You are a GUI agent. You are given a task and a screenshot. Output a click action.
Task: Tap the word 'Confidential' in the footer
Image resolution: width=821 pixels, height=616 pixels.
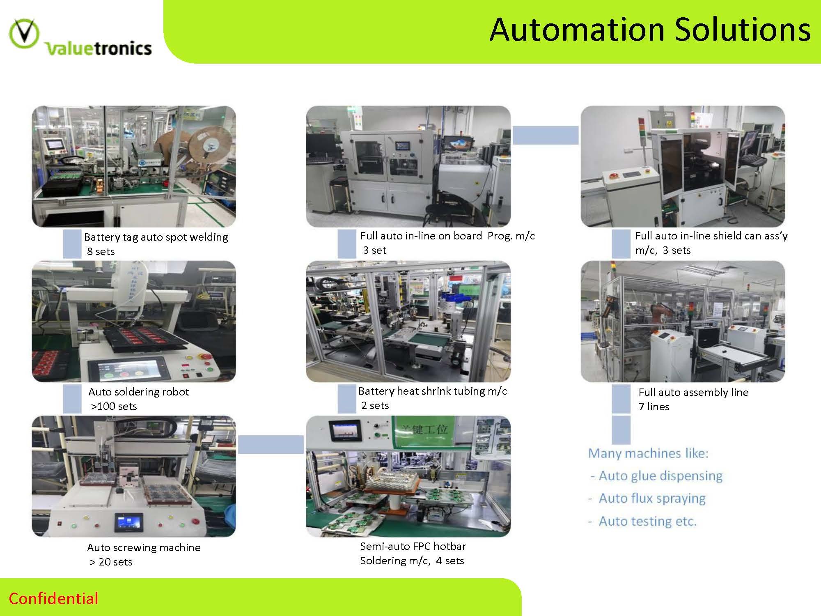[53, 598]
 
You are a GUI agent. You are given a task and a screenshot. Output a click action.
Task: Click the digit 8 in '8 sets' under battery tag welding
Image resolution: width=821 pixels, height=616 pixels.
[90, 251]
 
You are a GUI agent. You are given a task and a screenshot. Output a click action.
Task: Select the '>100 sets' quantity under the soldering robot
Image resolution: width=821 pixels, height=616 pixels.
[114, 406]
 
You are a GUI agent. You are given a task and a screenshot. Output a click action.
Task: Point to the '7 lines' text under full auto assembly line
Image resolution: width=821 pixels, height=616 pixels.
[654, 407]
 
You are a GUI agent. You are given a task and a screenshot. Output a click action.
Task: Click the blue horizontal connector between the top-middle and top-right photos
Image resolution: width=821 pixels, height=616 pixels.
[546, 135]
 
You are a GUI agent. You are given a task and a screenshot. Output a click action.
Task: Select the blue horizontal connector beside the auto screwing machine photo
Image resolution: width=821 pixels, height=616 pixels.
[271, 445]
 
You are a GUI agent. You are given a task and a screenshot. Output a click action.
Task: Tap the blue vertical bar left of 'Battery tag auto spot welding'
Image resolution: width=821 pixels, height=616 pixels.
[72, 244]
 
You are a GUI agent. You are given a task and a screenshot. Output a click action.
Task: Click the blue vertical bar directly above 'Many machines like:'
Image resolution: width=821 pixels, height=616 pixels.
[621, 430]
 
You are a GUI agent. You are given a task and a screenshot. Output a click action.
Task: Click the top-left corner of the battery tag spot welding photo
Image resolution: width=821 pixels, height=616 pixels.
[32, 106]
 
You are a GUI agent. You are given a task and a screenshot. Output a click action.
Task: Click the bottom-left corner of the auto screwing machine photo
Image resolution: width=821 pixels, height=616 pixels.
[32, 537]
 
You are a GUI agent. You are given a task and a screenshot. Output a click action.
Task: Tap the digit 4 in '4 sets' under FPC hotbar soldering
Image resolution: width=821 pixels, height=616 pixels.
[439, 561]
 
